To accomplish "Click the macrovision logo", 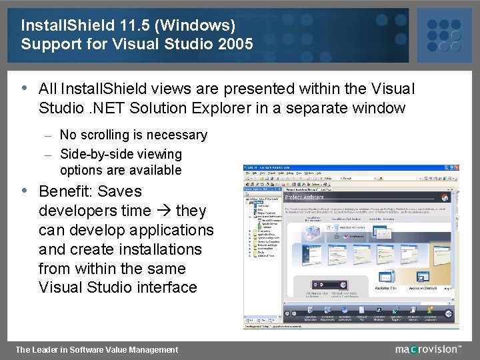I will click(x=427, y=349).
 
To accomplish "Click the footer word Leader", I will click(x=50, y=349).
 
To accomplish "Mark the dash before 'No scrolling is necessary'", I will click(x=48, y=135).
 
